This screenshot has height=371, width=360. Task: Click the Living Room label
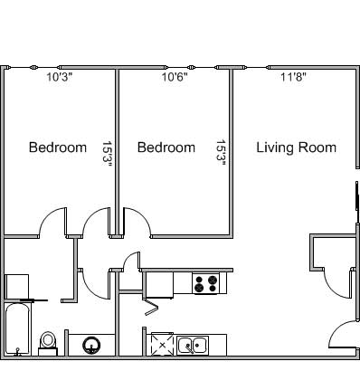296,147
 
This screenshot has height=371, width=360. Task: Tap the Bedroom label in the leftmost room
58,147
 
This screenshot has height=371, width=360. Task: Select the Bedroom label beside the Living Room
166,147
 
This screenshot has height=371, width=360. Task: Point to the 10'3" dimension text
59,77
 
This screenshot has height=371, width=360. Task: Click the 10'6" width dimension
175,77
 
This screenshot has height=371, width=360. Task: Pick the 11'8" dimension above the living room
293,77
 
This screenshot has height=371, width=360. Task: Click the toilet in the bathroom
48,344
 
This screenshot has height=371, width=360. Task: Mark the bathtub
18,329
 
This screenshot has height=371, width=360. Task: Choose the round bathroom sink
91,346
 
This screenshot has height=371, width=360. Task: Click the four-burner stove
206,283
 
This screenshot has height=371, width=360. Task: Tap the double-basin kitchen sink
193,346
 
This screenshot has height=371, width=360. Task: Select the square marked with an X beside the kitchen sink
162,345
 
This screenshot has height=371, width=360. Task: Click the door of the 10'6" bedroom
136,222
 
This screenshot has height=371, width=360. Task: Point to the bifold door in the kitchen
151,307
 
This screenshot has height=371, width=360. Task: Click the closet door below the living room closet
337,284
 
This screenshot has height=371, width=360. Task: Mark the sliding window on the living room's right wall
357,195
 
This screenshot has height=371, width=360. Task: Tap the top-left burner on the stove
199,279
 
